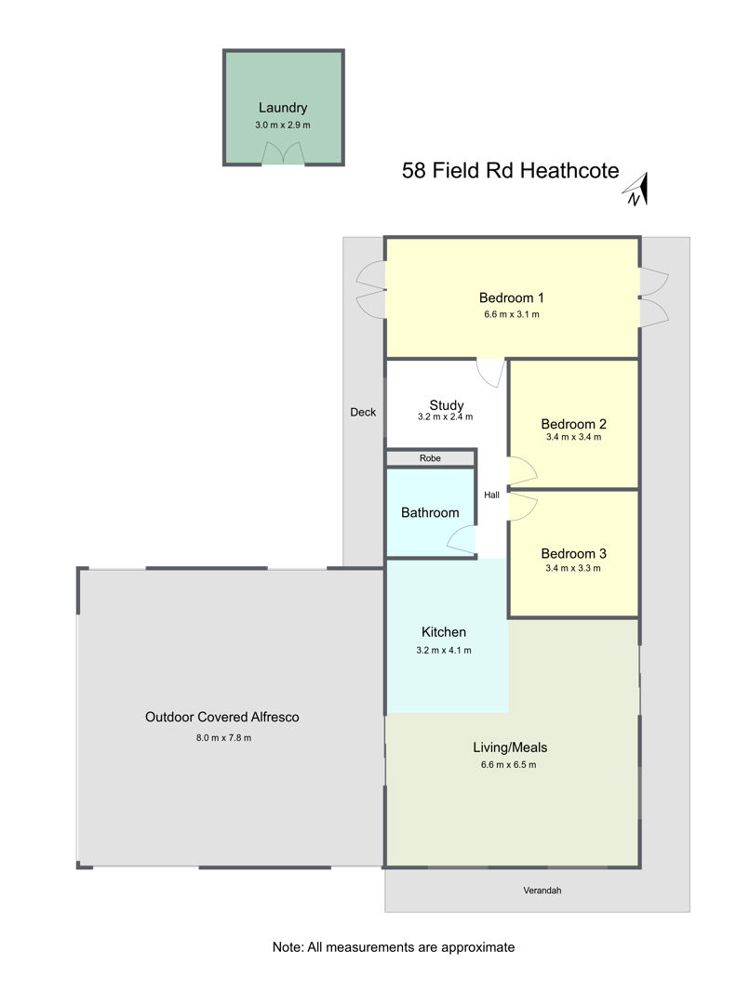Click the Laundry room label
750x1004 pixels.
click(283, 108)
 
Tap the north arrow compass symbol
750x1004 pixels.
click(636, 191)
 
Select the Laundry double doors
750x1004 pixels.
click(283, 153)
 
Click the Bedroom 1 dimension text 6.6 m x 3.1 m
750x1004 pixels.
click(512, 314)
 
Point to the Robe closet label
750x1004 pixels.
click(430, 458)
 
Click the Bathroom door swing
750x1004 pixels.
click(462, 540)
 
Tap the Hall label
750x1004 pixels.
click(491, 495)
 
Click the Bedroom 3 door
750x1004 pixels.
click(522, 507)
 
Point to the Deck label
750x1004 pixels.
click(363, 413)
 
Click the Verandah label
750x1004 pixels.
click(542, 891)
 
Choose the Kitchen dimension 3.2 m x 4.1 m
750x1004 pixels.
click(444, 651)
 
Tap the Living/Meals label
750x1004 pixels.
click(510, 747)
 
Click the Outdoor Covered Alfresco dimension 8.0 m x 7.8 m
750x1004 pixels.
click(223, 738)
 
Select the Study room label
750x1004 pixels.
click(447, 405)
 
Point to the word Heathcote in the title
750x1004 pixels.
click(569, 171)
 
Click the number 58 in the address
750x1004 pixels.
click(414, 171)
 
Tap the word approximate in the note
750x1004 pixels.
click(477, 947)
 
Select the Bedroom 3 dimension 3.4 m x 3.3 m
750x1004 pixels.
click(573, 569)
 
